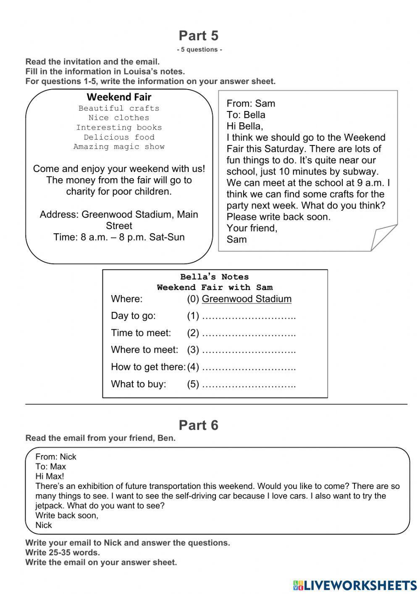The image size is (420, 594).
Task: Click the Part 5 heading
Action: pyautogui.click(x=199, y=36)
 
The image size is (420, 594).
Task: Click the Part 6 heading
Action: pyautogui.click(x=199, y=425)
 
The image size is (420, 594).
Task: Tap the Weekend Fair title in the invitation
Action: pyautogui.click(x=119, y=97)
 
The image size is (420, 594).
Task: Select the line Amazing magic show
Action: pyautogui.click(x=119, y=147)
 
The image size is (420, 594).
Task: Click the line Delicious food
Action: pyautogui.click(x=119, y=137)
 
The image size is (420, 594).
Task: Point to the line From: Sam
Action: pyautogui.click(x=251, y=103)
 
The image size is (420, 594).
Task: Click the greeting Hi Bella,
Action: pyautogui.click(x=244, y=126)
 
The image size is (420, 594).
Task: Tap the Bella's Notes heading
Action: pyautogui.click(x=215, y=277)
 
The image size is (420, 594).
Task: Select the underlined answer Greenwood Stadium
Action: pyautogui.click(x=247, y=299)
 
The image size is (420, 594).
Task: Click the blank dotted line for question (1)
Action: pyautogui.click(x=249, y=316)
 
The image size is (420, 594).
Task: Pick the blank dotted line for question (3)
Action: pyautogui.click(x=249, y=350)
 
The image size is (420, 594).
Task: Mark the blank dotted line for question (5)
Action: pyautogui.click(x=249, y=384)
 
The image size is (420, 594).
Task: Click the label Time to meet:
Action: pyautogui.click(x=141, y=333)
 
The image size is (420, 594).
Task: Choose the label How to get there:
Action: pyautogui.click(x=148, y=367)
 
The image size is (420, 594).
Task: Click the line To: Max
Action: pyautogui.click(x=50, y=467)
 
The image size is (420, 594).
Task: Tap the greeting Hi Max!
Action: pyautogui.click(x=50, y=476)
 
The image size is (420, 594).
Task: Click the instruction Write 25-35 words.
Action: pyautogui.click(x=63, y=552)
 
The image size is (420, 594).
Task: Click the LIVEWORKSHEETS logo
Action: pyautogui.click(x=355, y=585)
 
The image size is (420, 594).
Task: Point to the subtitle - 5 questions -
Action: pyautogui.click(x=199, y=50)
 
